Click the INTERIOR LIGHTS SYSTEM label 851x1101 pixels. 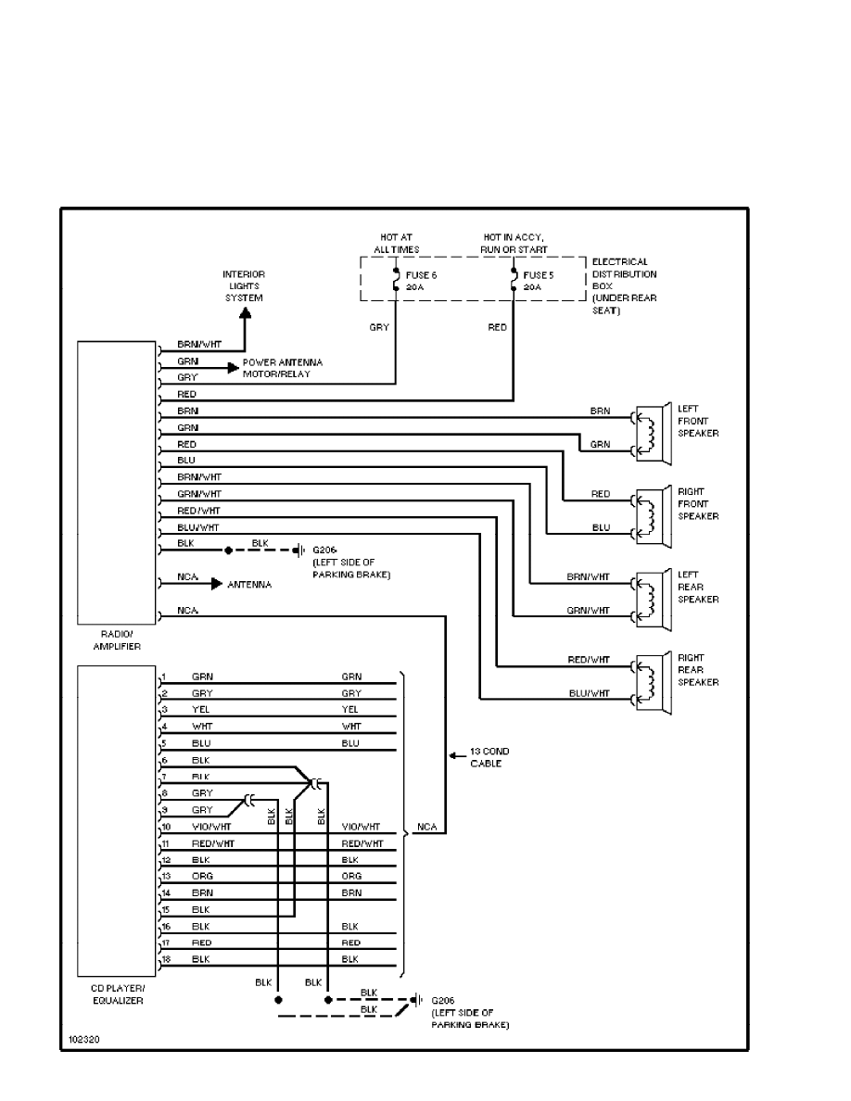pyautogui.click(x=244, y=285)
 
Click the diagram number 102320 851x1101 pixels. pyautogui.click(x=84, y=1039)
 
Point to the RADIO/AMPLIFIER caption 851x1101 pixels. pyautogui.click(x=116, y=640)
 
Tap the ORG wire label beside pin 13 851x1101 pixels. pyautogui.click(x=203, y=875)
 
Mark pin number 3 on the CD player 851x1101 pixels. pyautogui.click(x=163, y=709)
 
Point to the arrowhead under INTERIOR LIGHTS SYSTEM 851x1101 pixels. pyautogui.click(x=245, y=318)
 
